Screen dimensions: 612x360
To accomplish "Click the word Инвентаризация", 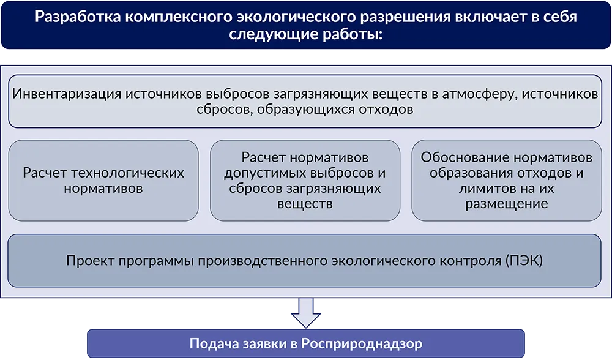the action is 67,94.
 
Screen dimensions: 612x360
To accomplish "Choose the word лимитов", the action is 484,189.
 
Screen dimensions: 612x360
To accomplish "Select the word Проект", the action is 90,260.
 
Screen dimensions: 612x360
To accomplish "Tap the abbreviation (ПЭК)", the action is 524,260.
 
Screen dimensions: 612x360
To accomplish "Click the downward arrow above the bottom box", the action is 305,313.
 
